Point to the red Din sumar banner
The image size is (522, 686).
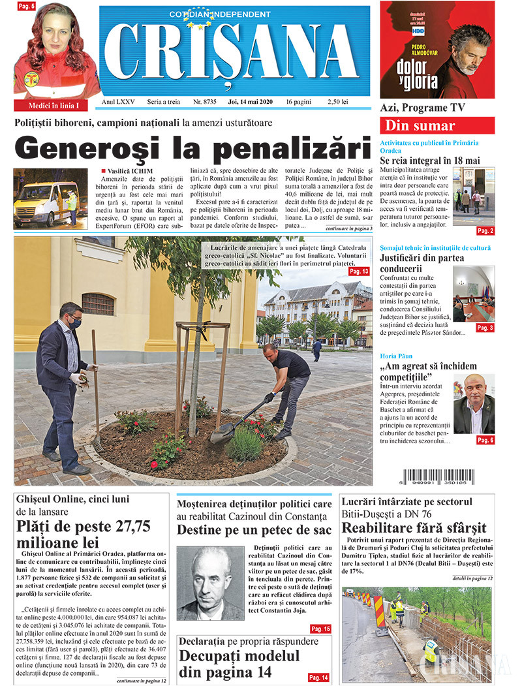(x=437, y=126)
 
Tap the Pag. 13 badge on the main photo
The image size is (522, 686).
(x=359, y=271)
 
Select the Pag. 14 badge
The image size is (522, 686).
(x=319, y=677)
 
